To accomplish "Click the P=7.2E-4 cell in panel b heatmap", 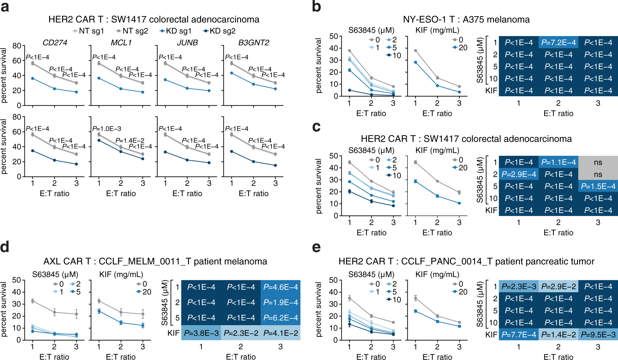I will coord(558,42).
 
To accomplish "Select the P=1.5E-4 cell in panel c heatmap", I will coord(598,186).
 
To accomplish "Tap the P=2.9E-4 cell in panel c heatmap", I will coord(519,174).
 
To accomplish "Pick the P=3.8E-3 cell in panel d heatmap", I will coord(201,333).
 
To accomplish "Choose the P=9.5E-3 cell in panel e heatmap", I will coord(598,335).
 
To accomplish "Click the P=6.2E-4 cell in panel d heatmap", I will coord(281,318).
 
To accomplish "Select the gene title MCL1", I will coord(121,42).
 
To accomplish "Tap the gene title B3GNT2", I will coord(254,42).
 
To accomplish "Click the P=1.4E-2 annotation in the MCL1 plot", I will coord(130,141).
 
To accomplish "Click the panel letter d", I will coord(5,247).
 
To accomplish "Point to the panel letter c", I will coord(316,127).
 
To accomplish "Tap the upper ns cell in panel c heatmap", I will coord(598,162).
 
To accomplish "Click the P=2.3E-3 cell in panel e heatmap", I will coord(519,287).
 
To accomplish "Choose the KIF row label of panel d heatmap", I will coord(173,333).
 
